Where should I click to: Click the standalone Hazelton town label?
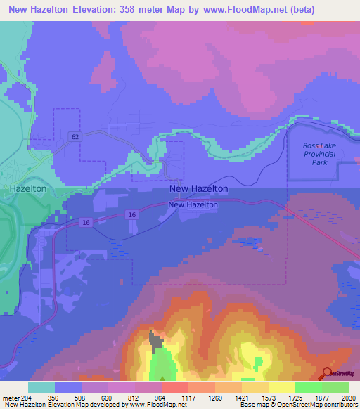(x=28, y=189)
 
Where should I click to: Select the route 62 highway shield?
(x=75, y=136)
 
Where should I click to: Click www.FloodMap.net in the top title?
(x=245, y=10)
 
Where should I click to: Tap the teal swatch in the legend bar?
(x=41, y=387)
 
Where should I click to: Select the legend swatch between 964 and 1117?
(x=174, y=387)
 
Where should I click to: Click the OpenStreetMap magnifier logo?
(x=328, y=373)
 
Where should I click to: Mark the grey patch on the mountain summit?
(x=156, y=342)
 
